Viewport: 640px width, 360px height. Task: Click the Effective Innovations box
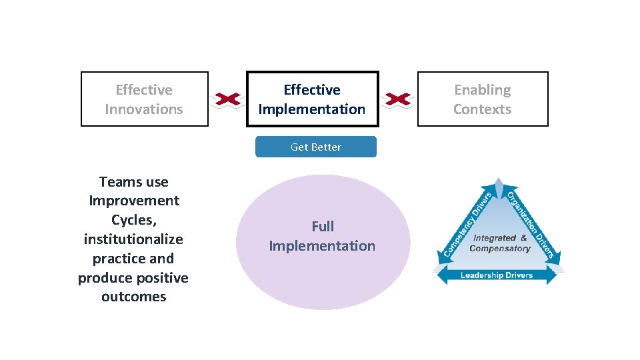tap(144, 99)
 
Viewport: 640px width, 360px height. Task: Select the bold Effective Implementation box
tap(312, 99)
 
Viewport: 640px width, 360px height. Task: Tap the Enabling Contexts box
tap(483, 99)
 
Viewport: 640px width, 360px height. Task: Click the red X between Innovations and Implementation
tap(227, 99)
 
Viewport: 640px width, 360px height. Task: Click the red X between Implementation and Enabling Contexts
tap(398, 99)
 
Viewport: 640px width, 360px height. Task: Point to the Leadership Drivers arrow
tap(497, 275)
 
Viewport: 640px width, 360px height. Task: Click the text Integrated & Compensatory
tap(500, 243)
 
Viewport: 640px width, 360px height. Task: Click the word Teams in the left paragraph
tap(117, 182)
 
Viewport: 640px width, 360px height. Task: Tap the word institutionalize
tap(133, 239)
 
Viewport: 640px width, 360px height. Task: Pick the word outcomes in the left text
tap(133, 297)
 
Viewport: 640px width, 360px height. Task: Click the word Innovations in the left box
tap(144, 109)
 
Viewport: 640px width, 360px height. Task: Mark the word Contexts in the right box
tap(483, 109)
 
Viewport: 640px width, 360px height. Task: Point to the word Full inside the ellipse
tap(323, 227)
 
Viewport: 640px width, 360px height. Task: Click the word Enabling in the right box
tap(483, 90)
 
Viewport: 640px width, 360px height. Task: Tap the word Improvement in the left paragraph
tap(133, 201)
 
